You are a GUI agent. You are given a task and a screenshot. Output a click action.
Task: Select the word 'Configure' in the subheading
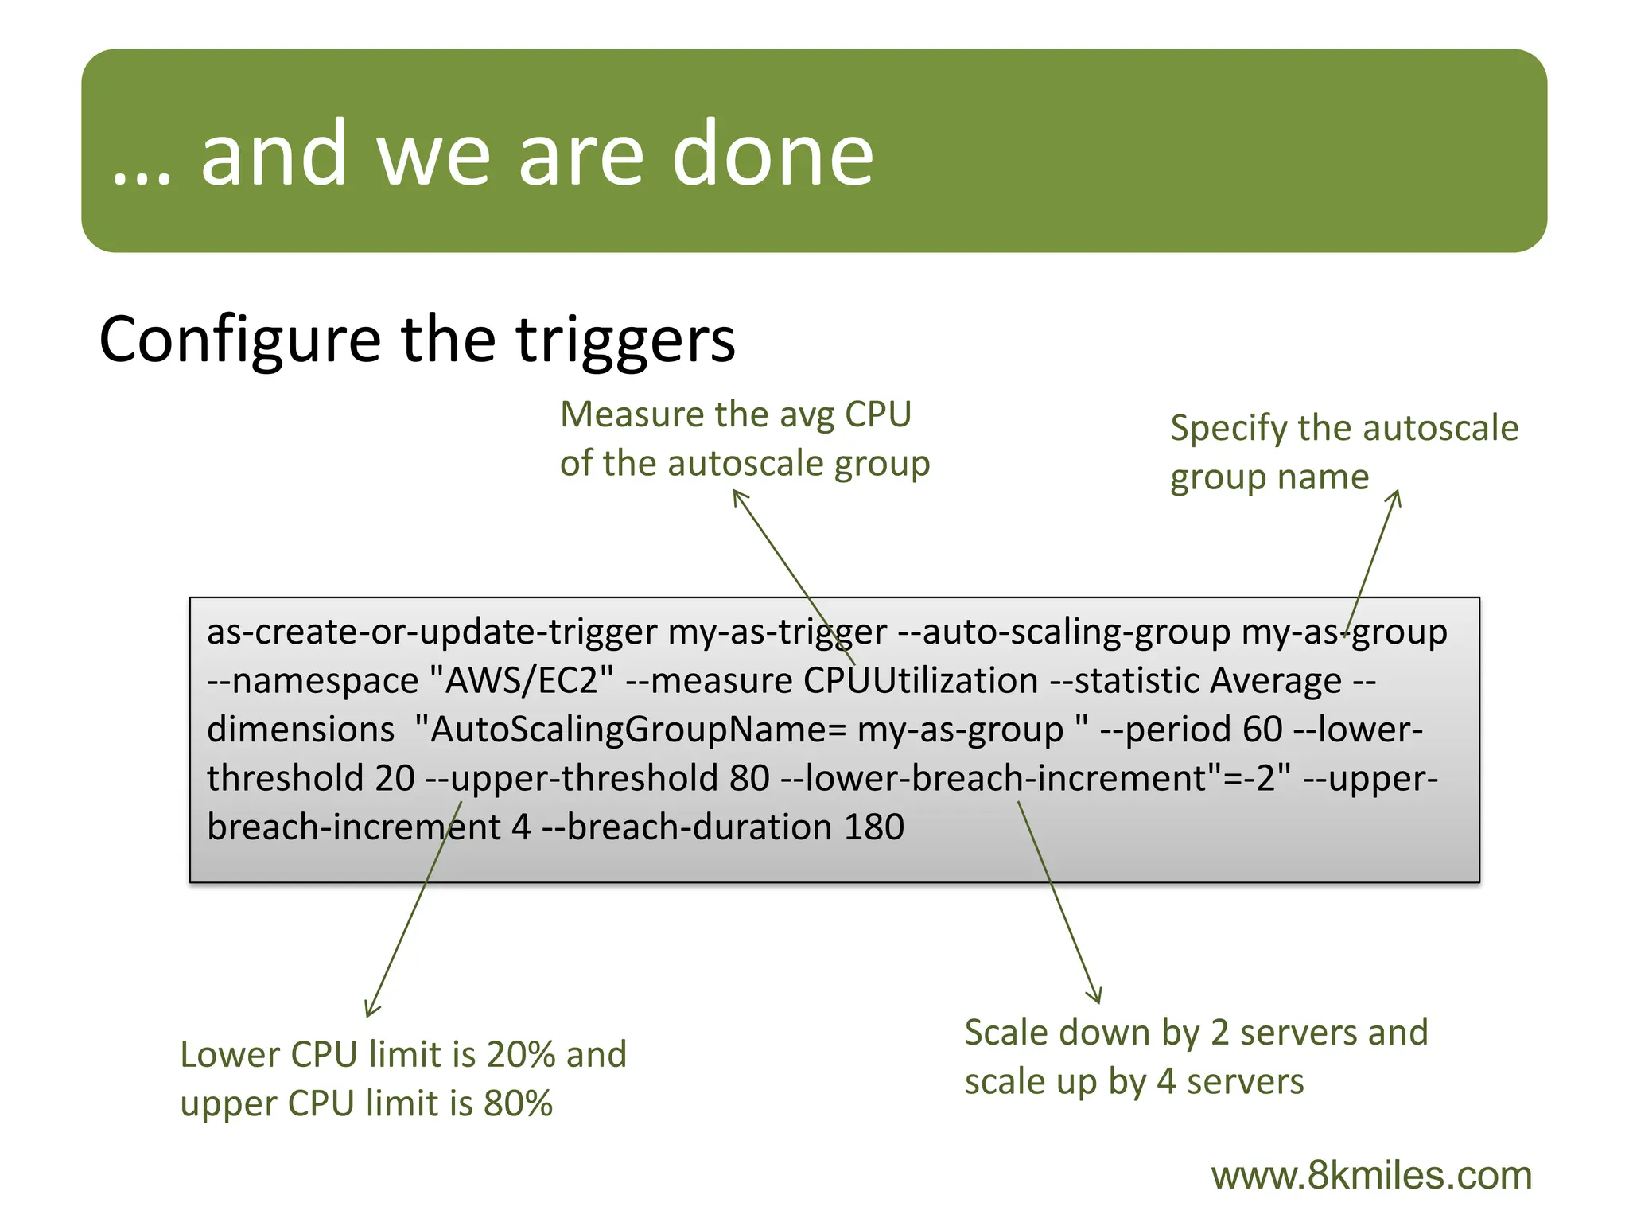(239, 341)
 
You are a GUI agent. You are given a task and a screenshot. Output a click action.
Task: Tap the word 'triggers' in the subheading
(626, 341)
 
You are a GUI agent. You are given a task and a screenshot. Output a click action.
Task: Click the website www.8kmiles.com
(1371, 1176)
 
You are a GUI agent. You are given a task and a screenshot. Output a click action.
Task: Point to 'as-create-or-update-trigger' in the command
(432, 632)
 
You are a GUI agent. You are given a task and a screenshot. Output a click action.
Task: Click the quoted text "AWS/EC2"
(522, 681)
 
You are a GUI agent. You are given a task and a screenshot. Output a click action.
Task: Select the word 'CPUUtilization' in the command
(920, 681)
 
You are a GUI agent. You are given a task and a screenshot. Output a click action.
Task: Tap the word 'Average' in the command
(1276, 681)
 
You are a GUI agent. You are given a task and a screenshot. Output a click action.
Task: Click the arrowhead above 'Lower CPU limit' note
(370, 1010)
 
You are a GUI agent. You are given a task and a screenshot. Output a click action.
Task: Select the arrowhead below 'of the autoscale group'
(737, 495)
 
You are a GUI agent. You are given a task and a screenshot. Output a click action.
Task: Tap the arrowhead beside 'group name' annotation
(1396, 496)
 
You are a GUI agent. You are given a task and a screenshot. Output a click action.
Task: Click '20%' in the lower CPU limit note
(521, 1055)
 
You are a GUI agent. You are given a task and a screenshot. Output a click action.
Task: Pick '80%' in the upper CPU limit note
(518, 1104)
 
